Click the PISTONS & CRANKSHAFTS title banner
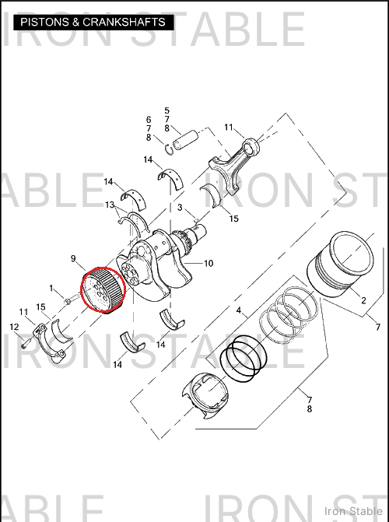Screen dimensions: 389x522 tap(93, 23)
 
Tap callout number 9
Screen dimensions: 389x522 tap(73, 258)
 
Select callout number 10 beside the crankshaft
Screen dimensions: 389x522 tap(209, 263)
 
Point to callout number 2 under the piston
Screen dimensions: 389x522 tap(363, 300)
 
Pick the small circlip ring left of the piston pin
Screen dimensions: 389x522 tap(170, 148)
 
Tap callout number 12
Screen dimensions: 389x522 tap(14, 327)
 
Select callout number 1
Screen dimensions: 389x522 tap(51, 288)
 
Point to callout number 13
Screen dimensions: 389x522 tap(110, 205)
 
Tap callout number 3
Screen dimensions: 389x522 tap(180, 208)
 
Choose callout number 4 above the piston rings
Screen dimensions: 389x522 tap(239, 310)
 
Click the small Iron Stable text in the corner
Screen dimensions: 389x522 tap(353, 511)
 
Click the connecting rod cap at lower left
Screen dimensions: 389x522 tap(47, 343)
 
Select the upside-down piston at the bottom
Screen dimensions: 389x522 tap(205, 395)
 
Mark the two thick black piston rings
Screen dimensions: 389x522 tap(244, 359)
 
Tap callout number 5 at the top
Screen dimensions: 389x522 tap(166, 110)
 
